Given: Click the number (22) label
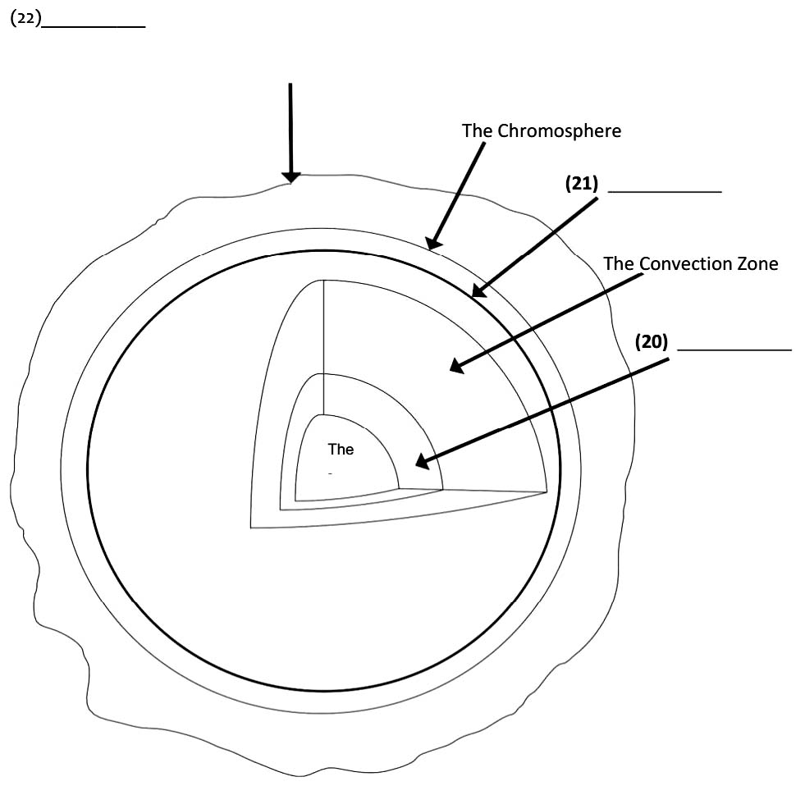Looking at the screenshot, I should click(25, 20).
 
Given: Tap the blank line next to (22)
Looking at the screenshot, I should click(94, 26).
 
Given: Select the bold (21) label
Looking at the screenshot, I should click(582, 184).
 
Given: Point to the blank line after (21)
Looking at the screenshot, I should click(665, 191).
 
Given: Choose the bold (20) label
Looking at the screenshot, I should click(652, 341).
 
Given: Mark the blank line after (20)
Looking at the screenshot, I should click(734, 350).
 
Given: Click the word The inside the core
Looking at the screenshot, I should click(341, 450).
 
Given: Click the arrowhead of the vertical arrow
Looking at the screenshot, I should click(290, 177).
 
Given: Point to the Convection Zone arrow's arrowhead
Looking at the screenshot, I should click(456, 366).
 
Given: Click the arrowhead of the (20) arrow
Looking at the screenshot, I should click(422, 463).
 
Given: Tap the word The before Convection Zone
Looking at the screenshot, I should click(619, 263).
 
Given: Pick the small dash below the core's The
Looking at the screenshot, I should click(330, 474).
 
